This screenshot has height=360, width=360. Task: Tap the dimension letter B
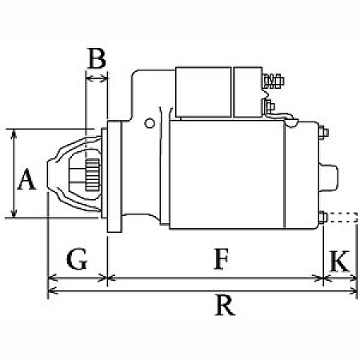pos(97,58)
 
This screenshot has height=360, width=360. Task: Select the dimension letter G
pos(77,259)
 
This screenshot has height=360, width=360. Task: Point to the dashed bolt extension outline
pos(340,216)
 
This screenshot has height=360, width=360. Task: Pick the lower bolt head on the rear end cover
pos(322,216)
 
